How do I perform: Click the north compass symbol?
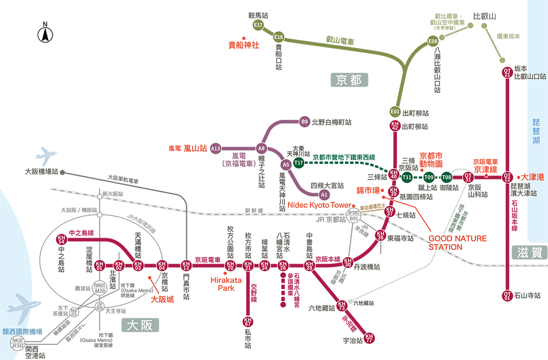click(x=44, y=33)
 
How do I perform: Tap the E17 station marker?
click(x=258, y=25)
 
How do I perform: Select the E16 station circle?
click(x=279, y=37)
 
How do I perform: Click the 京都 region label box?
click(x=349, y=80)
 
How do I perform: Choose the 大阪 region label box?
click(x=140, y=325)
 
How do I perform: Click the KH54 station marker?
click(x=62, y=239)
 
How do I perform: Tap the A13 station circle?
click(x=216, y=148)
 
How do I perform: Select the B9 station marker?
click(x=305, y=122)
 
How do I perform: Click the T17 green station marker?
click(x=299, y=163)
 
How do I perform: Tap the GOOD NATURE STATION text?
click(x=457, y=242)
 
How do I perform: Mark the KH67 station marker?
click(x=248, y=321)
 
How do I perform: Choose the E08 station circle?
click(x=433, y=41)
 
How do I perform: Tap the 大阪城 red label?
click(x=162, y=299)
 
